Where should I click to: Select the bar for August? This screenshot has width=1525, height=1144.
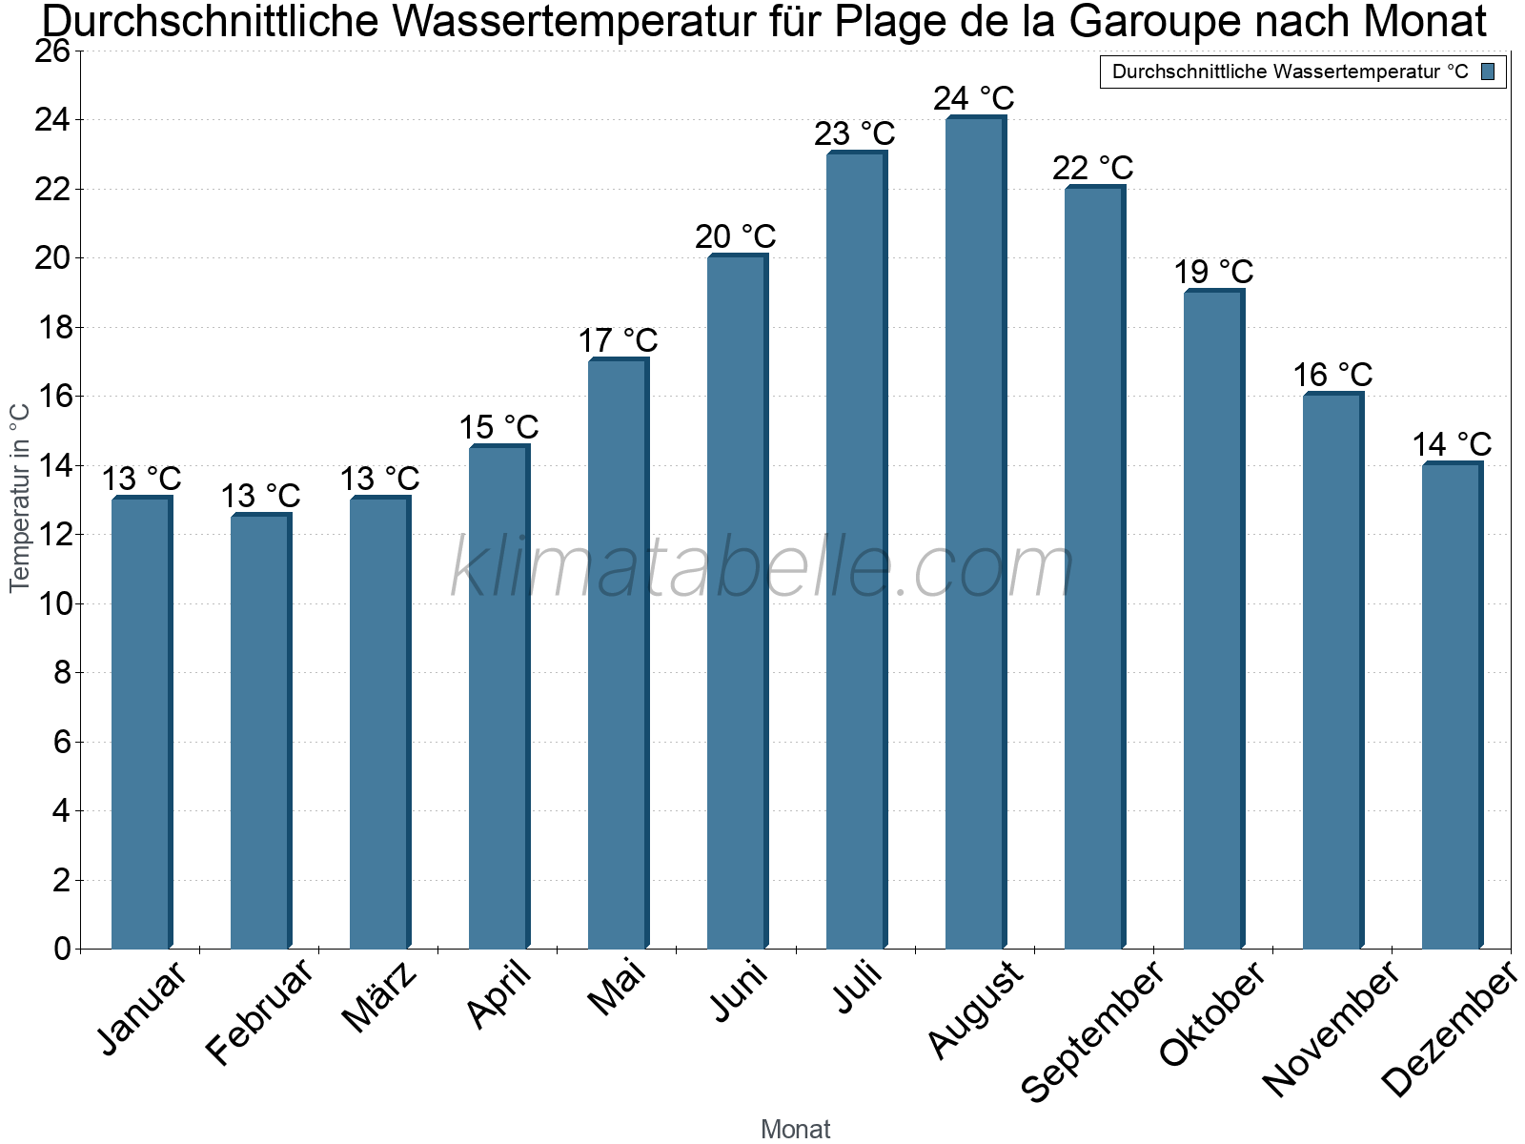coord(974,534)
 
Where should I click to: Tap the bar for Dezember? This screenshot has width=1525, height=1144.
coord(1451,705)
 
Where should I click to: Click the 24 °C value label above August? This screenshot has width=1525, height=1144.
coord(973,99)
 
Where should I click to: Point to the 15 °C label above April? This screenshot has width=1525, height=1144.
coord(498,427)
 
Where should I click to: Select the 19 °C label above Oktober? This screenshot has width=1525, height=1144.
coord(1212,273)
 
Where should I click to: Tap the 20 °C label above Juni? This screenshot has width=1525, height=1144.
coord(735,236)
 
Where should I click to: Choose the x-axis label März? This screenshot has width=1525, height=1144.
coord(380,997)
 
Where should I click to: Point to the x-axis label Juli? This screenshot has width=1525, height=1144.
coord(857,988)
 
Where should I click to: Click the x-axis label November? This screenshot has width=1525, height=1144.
coord(1332,1028)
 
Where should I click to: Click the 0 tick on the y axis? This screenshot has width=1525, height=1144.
coord(62,949)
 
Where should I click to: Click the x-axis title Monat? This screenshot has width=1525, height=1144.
coord(795,1130)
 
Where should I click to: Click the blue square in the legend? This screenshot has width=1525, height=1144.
coord(1488,71)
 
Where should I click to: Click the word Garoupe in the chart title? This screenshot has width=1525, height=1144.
coord(1138,21)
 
